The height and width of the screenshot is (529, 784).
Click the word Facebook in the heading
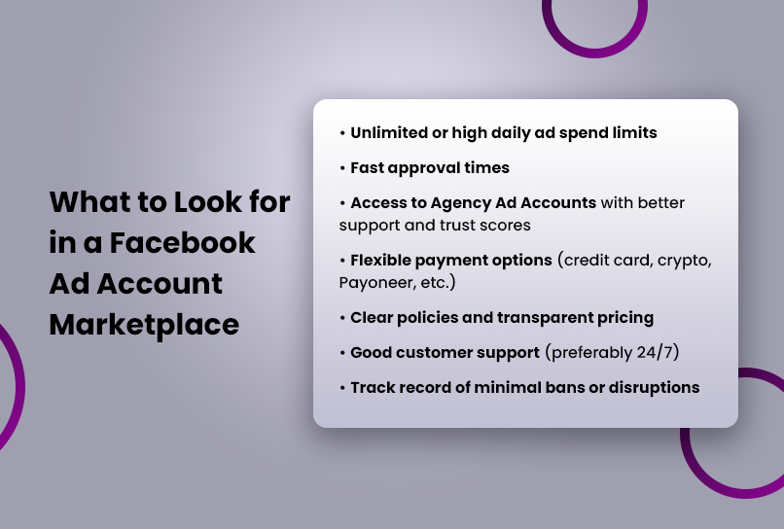pos(182,242)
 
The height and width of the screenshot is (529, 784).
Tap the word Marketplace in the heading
pos(144,326)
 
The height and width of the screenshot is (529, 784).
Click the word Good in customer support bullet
pos(371,352)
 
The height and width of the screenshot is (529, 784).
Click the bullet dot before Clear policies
pos(342,318)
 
